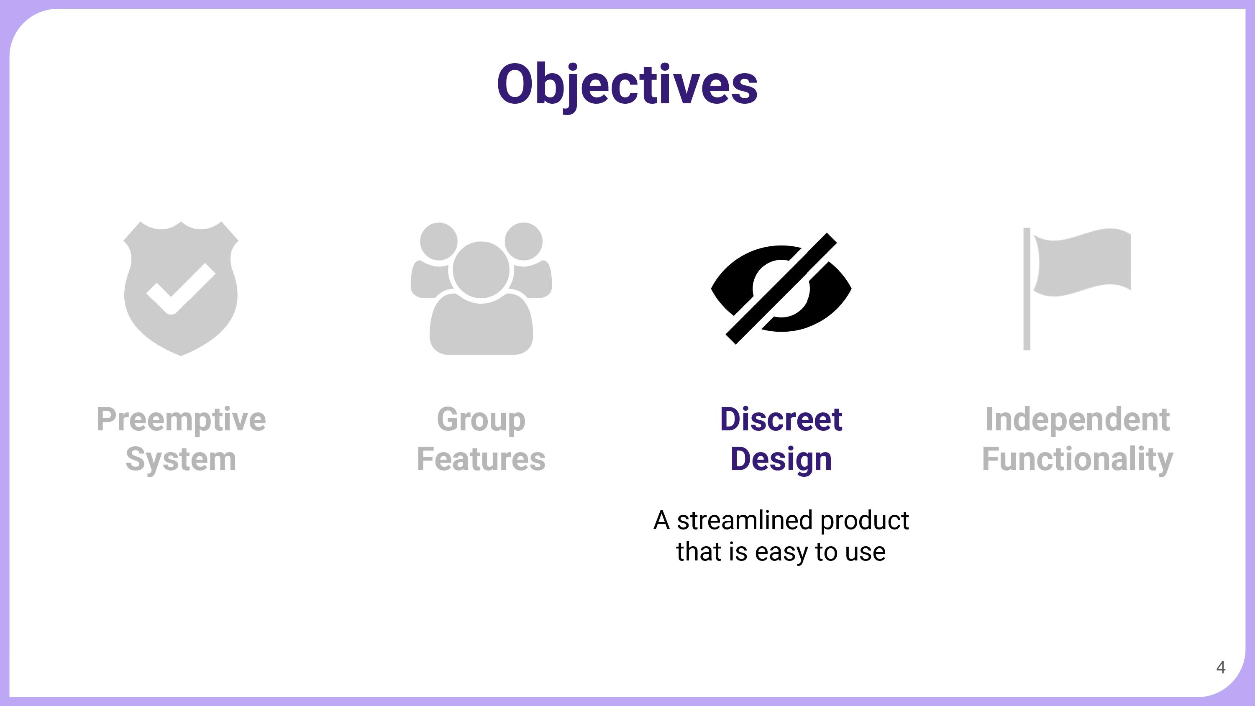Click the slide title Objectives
click(627, 85)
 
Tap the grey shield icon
click(181, 289)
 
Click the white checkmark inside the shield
click(181, 289)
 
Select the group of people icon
click(482, 289)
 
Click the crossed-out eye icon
click(781, 289)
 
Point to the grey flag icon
click(1077, 289)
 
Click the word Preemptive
click(181, 420)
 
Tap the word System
click(181, 460)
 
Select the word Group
click(482, 420)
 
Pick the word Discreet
click(781, 419)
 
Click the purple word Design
click(781, 460)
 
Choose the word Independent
click(1078, 420)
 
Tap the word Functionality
click(1078, 460)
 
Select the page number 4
click(1221, 667)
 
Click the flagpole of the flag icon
click(1027, 289)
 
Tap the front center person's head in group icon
click(482, 269)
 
